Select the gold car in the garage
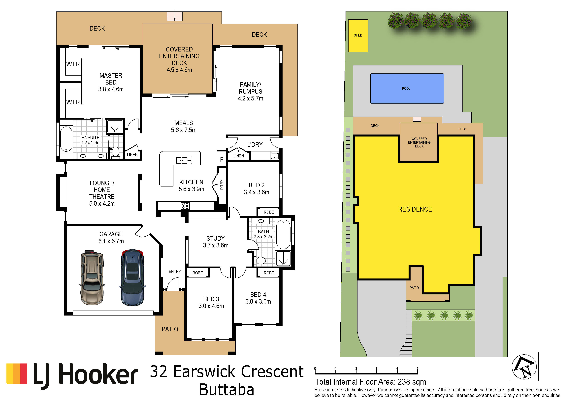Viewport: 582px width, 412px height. [92, 277]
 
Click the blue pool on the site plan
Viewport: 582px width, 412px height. [407, 88]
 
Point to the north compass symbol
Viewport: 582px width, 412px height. [524, 367]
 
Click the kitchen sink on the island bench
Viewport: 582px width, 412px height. [184, 160]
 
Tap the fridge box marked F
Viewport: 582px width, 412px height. [222, 160]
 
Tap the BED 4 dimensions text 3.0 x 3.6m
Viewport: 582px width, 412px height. [258, 301]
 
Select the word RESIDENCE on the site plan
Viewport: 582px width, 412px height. [415, 209]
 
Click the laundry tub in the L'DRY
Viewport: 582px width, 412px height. [275, 156]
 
